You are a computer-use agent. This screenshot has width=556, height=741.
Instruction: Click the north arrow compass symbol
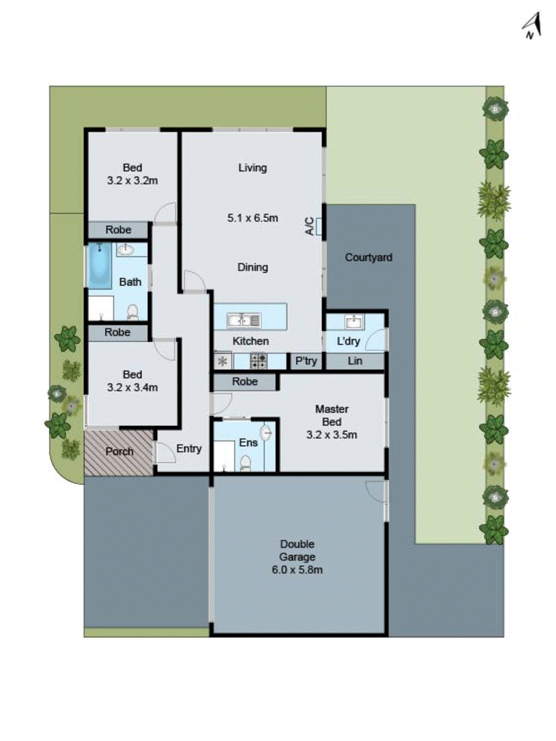(532, 26)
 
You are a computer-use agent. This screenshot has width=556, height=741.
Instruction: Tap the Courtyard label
(368, 257)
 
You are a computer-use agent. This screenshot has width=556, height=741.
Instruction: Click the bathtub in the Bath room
(99, 265)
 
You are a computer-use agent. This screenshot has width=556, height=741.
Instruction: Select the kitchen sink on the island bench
(243, 320)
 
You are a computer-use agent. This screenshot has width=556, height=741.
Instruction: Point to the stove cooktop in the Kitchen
(259, 361)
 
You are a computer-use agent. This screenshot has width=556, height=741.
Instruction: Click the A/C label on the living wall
(310, 226)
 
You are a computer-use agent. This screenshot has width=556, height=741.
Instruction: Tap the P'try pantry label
(306, 361)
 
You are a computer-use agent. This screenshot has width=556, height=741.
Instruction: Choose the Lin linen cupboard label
(355, 361)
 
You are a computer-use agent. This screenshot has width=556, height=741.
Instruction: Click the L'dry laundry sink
(354, 321)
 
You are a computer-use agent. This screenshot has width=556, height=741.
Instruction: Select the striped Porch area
(119, 452)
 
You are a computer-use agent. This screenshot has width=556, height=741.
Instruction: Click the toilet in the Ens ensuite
(246, 463)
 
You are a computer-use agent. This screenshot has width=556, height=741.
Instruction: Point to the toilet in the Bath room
(132, 312)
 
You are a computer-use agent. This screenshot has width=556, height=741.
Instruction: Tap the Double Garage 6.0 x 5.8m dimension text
(297, 570)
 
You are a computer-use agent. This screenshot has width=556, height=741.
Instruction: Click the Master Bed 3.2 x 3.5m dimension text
(332, 435)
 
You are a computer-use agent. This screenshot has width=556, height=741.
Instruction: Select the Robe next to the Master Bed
(245, 382)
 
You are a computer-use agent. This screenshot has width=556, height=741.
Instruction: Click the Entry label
(189, 448)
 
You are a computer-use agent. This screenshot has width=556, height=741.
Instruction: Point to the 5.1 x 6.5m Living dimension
(253, 218)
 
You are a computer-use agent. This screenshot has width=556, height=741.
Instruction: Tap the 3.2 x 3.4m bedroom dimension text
(132, 388)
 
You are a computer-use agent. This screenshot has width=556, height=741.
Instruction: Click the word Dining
(253, 267)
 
